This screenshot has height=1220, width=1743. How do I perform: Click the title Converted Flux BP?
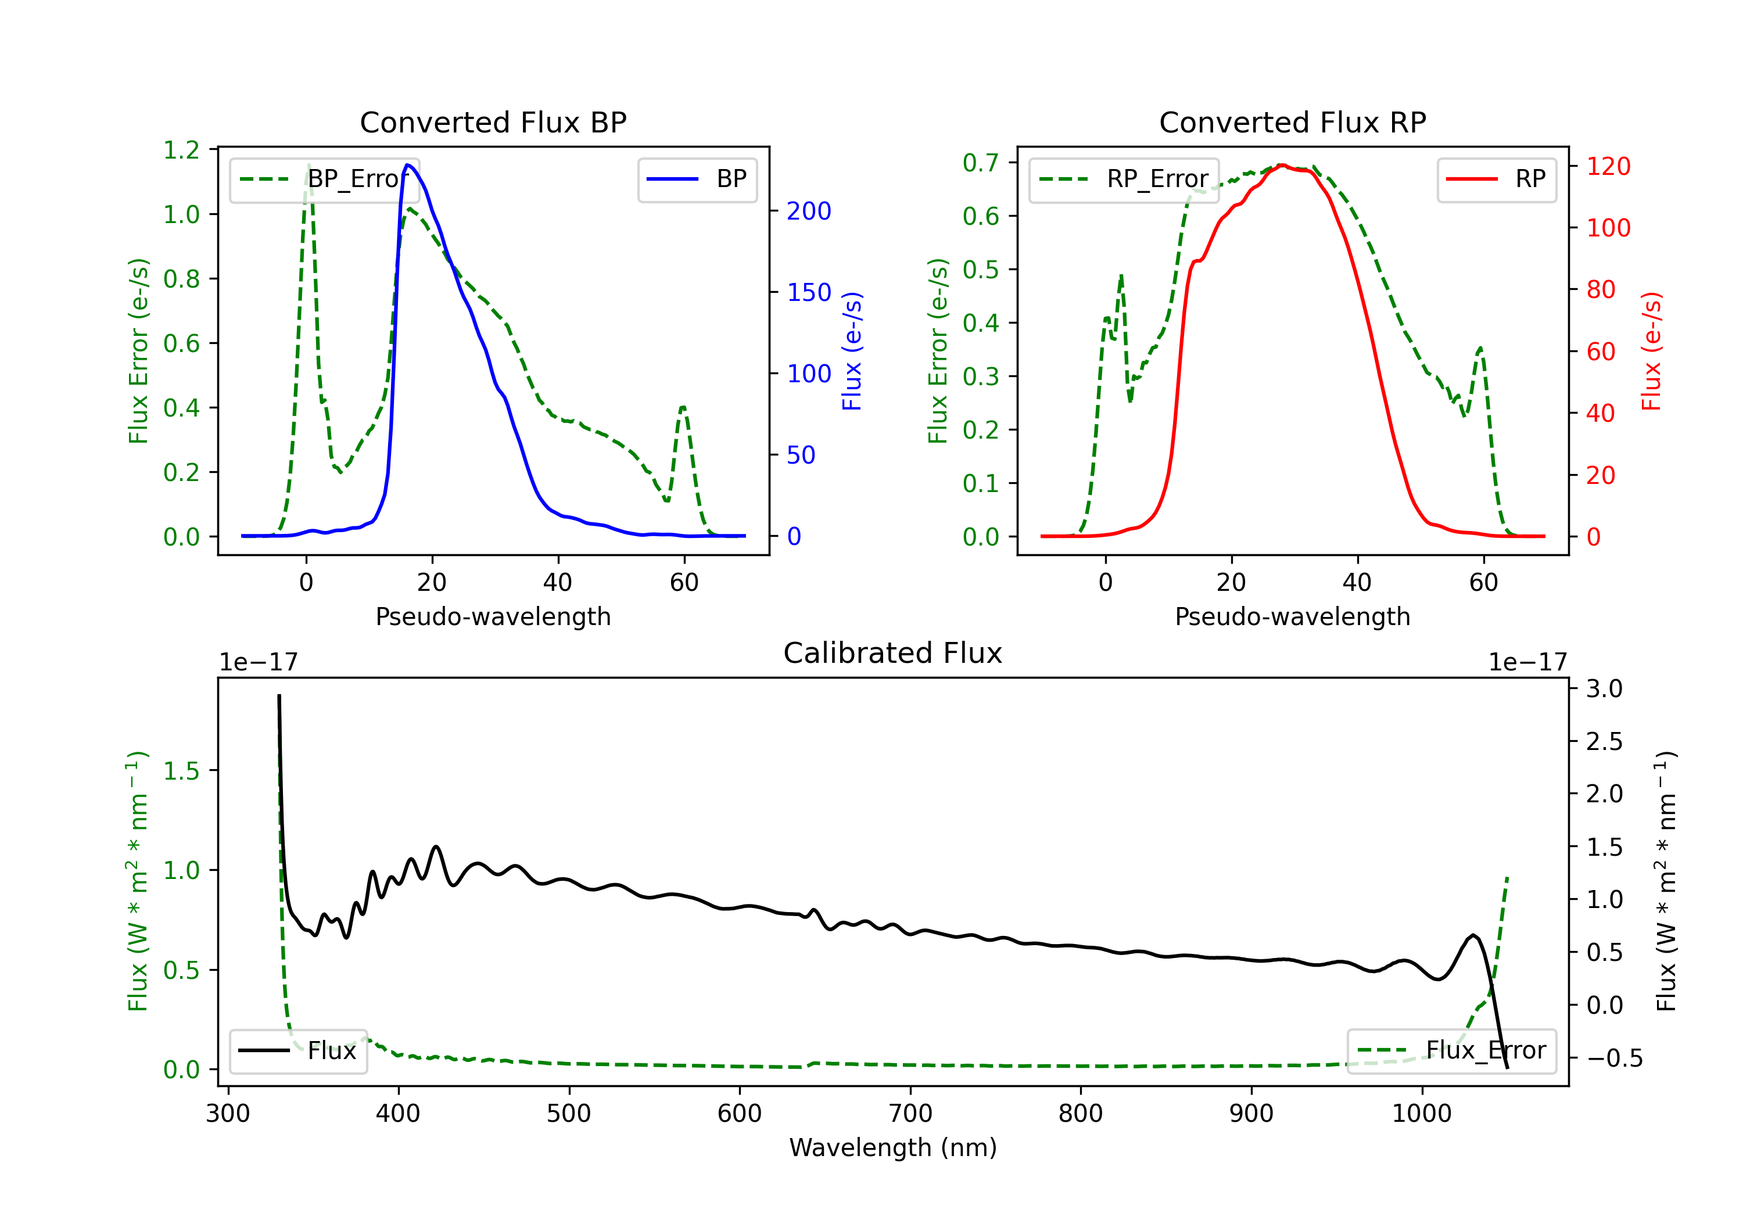[x=493, y=122]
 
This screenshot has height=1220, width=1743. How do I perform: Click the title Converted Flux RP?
[x=1292, y=122]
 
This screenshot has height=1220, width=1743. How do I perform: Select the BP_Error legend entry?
[x=325, y=179]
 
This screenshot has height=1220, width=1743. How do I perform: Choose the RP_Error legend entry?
[x=1124, y=179]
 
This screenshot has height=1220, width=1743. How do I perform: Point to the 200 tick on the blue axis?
[x=809, y=211]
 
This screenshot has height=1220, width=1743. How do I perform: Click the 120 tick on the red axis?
[x=1608, y=166]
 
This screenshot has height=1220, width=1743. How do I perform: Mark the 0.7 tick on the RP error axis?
[x=981, y=163]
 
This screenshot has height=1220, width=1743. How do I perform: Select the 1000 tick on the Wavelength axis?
[x=1421, y=1113]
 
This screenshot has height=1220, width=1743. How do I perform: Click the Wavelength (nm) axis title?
[x=893, y=1147]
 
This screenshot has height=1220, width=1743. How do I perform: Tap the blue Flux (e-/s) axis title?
[x=852, y=351]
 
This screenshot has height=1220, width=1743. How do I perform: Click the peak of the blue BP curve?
[x=408, y=165]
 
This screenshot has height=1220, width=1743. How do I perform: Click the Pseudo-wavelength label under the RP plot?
[x=1292, y=616]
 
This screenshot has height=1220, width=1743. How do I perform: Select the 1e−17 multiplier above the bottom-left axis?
[x=258, y=662]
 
